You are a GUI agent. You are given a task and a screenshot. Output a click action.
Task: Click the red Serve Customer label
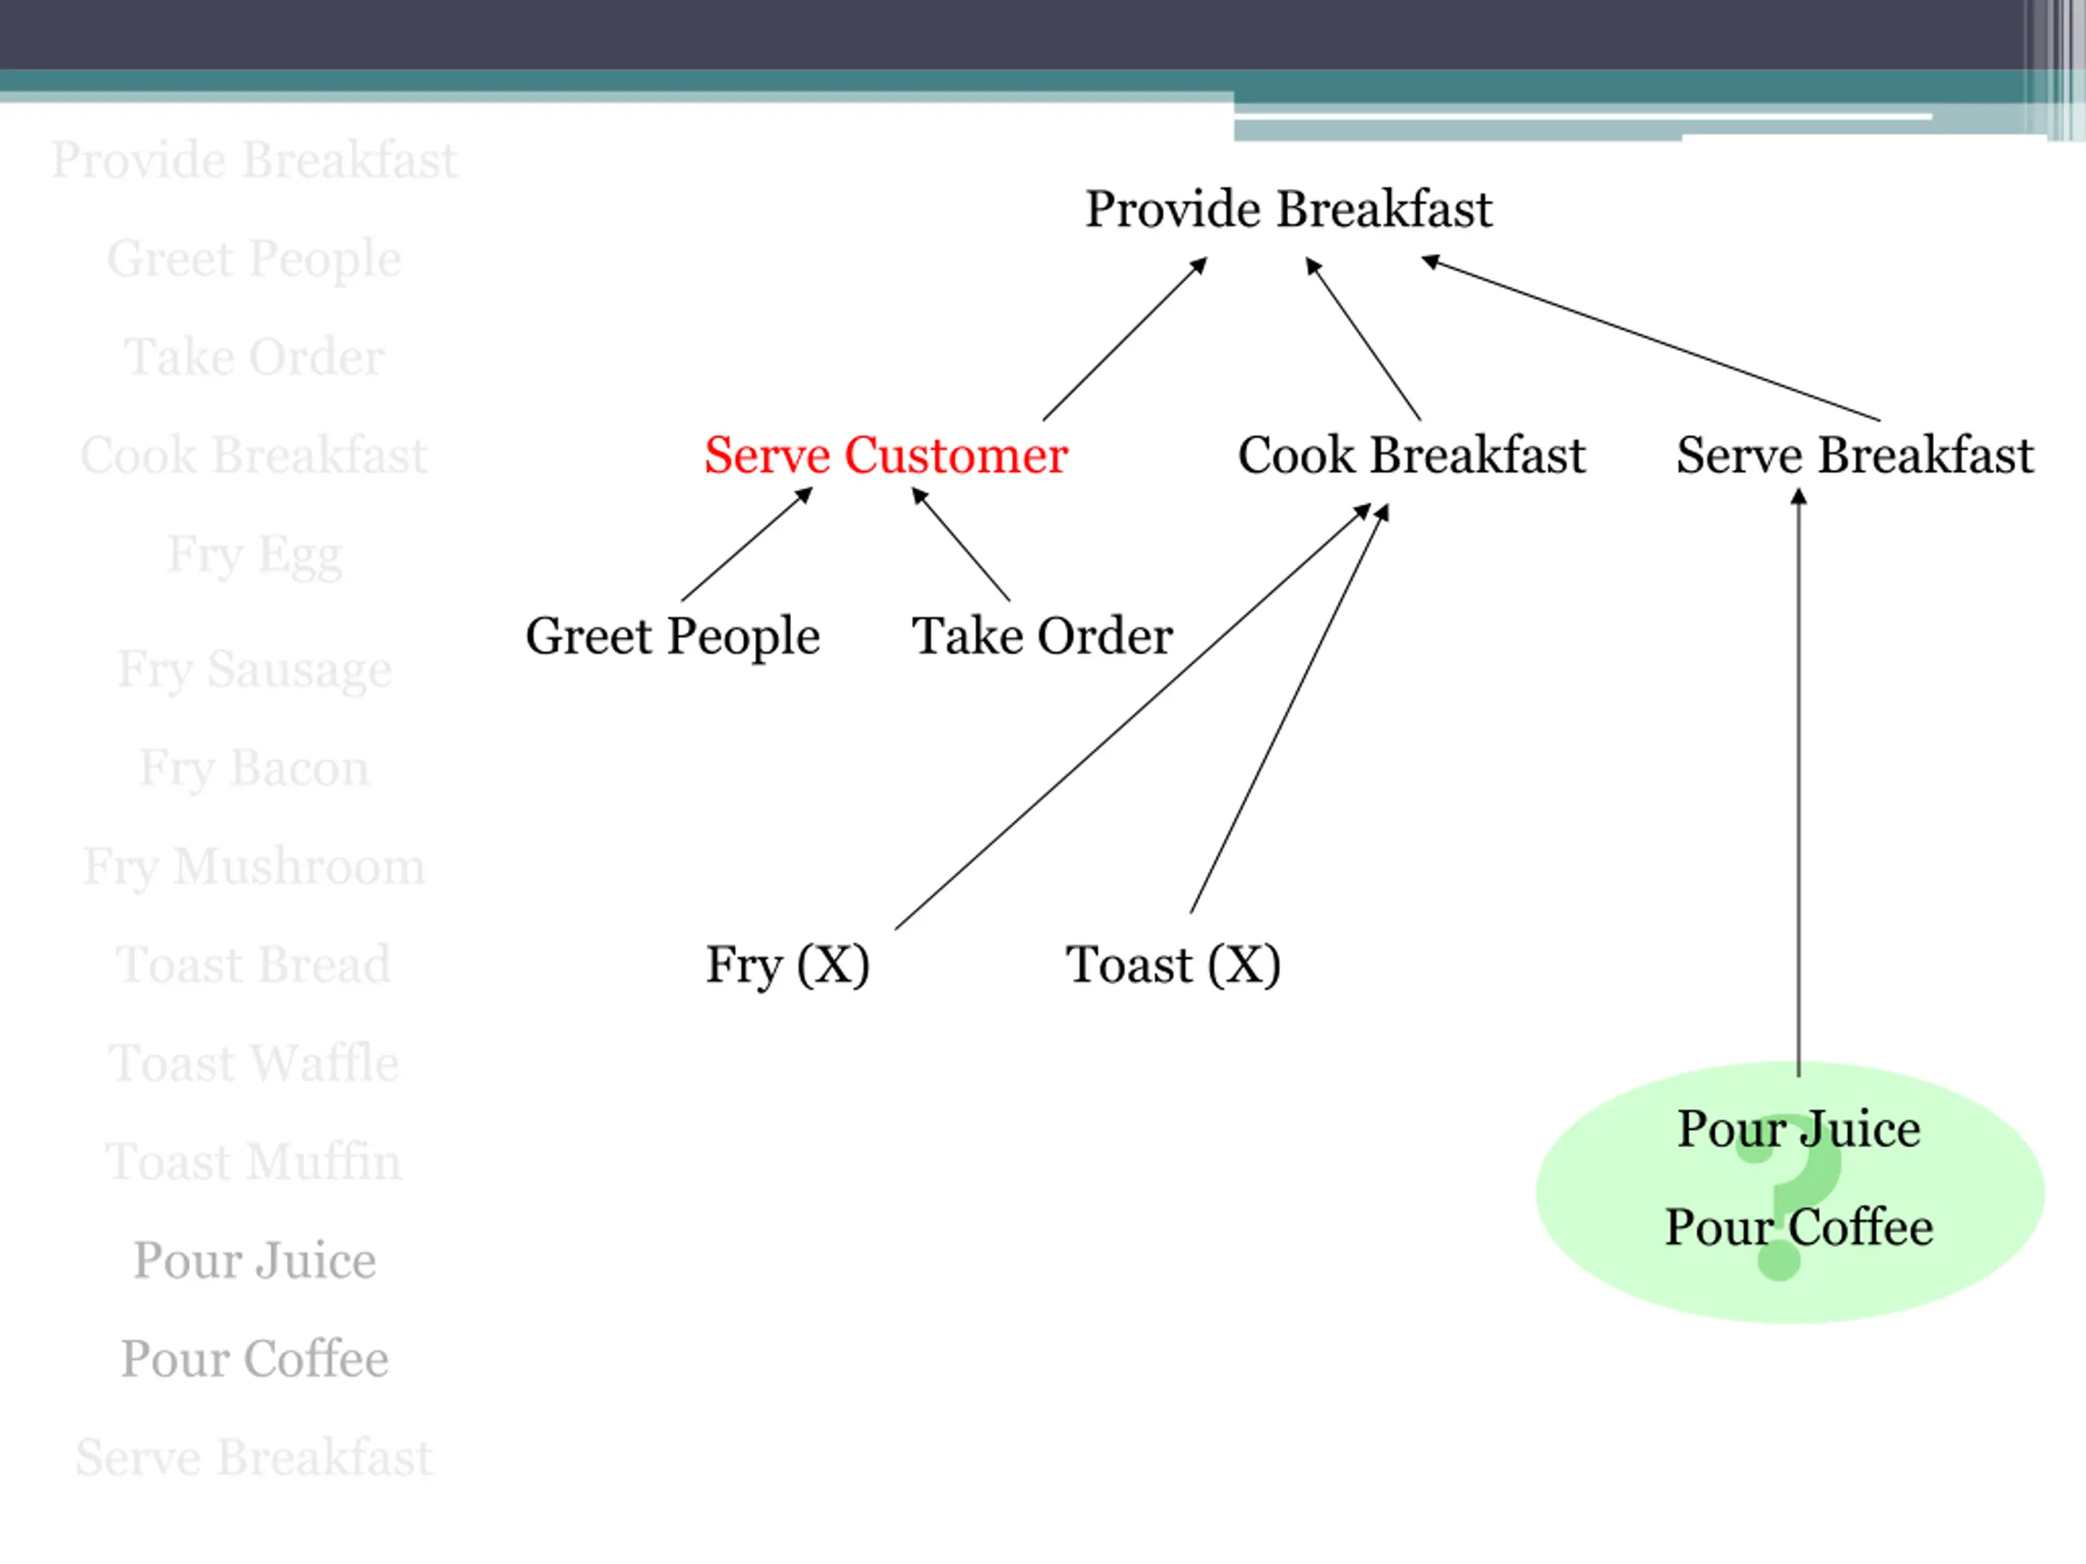886,455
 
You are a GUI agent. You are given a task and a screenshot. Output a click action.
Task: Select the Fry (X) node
787,964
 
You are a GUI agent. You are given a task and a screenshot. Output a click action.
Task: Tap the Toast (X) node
1173,964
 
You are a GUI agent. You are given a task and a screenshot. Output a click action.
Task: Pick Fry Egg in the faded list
254,555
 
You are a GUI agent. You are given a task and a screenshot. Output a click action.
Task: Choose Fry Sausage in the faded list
254,670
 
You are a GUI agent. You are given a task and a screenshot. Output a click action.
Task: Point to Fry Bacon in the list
254,768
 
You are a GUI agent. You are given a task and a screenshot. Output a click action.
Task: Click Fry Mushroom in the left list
254,867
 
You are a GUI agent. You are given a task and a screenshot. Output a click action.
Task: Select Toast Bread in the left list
254,964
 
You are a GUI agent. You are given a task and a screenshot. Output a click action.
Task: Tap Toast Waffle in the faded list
254,1063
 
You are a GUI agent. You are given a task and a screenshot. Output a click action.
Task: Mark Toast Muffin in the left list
254,1162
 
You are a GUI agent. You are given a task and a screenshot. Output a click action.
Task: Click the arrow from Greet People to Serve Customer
746,545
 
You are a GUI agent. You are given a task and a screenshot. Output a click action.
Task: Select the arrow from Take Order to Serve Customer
960,545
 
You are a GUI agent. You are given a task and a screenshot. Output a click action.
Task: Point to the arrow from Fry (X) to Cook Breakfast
1132,718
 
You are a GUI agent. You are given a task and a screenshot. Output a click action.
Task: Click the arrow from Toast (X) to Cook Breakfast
1288,709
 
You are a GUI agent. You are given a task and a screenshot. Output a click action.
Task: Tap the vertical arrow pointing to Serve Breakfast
1798,783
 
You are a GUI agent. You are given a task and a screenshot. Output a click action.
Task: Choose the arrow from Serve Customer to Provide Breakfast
1124,340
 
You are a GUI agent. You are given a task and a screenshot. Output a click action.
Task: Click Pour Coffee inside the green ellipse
1798,1228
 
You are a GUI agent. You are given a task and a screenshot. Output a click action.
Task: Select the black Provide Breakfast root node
1288,209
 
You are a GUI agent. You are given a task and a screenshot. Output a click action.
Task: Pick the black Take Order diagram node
1042,636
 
